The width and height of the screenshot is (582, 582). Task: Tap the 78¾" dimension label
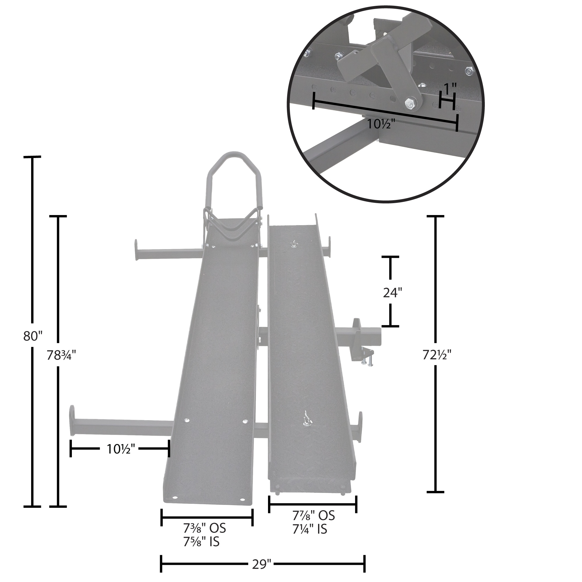pos(61,356)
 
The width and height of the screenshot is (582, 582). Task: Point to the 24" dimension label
pos(393,292)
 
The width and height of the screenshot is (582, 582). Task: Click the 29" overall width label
pos(262,564)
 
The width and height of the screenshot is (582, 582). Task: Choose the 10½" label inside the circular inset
pos(381,124)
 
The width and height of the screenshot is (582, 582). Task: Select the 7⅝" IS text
pos(202,542)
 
